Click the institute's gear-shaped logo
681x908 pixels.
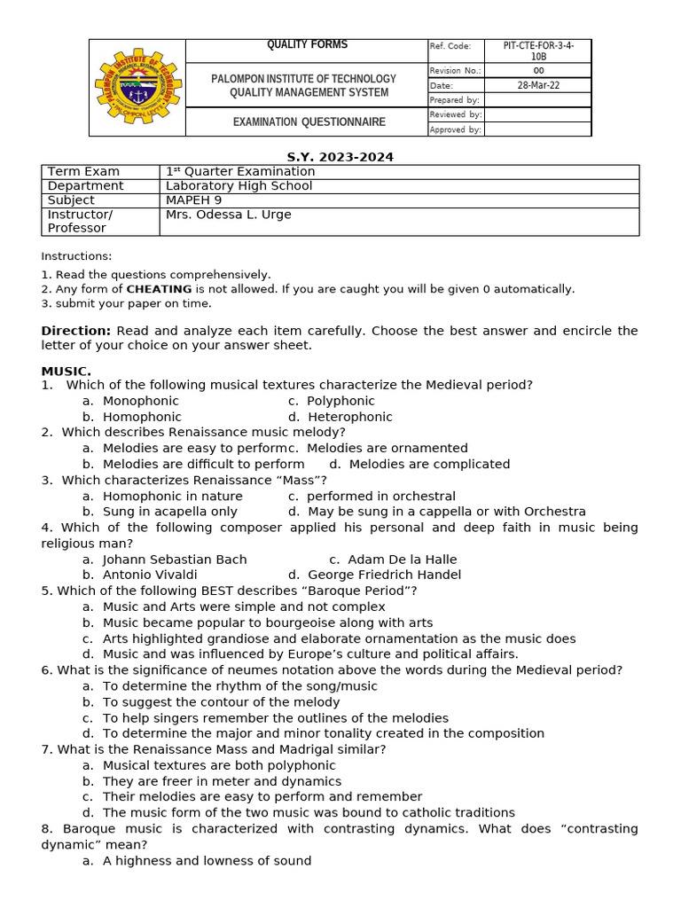coord(137,87)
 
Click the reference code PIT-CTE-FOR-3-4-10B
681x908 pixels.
coord(538,51)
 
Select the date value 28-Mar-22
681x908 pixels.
coord(538,86)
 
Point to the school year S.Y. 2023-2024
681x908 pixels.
coord(340,157)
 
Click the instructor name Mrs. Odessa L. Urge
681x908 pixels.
coord(228,215)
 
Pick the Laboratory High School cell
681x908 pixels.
coord(239,186)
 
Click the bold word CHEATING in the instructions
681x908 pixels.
coord(159,289)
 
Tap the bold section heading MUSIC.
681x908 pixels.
coord(66,371)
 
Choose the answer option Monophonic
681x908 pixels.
coord(140,401)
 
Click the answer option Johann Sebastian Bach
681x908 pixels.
coord(175,560)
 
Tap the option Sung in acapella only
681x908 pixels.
coord(169,512)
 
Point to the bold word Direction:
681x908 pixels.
coord(76,331)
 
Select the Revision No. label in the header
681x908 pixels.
coord(455,71)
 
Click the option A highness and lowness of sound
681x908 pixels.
coord(207,861)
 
